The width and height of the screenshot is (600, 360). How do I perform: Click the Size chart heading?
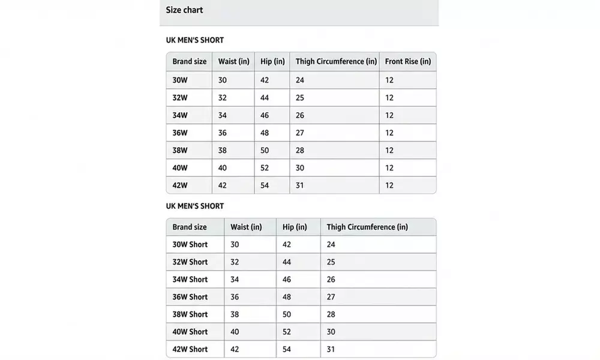(184, 10)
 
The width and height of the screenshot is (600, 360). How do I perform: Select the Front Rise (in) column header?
(407, 62)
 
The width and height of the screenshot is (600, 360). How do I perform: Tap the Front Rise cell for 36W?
(389, 133)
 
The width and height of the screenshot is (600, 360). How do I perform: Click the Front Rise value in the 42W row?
(389, 185)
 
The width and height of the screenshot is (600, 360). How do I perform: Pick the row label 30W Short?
(190, 245)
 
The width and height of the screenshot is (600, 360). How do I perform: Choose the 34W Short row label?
(190, 280)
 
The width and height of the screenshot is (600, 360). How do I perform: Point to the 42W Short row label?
(190, 349)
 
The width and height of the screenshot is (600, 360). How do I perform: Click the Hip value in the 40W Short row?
(287, 332)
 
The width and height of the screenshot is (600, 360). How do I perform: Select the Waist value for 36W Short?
(235, 297)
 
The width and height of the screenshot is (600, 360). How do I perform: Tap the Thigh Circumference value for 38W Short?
(331, 314)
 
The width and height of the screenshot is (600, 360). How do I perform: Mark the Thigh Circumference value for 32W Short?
(331, 262)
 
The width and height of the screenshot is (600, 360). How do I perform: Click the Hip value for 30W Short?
(287, 245)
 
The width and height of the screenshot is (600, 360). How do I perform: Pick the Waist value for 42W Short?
(235, 349)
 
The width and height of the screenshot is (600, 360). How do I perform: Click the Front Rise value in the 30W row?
(389, 80)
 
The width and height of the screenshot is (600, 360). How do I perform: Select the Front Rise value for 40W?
(389, 168)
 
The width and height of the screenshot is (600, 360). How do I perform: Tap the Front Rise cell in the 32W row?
(389, 98)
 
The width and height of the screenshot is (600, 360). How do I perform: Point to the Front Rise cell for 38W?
(389, 151)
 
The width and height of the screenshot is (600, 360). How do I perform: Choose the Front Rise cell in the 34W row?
(389, 115)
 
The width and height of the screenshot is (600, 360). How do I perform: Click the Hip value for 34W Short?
(287, 280)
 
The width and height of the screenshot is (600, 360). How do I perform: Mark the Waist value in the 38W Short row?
(235, 314)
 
